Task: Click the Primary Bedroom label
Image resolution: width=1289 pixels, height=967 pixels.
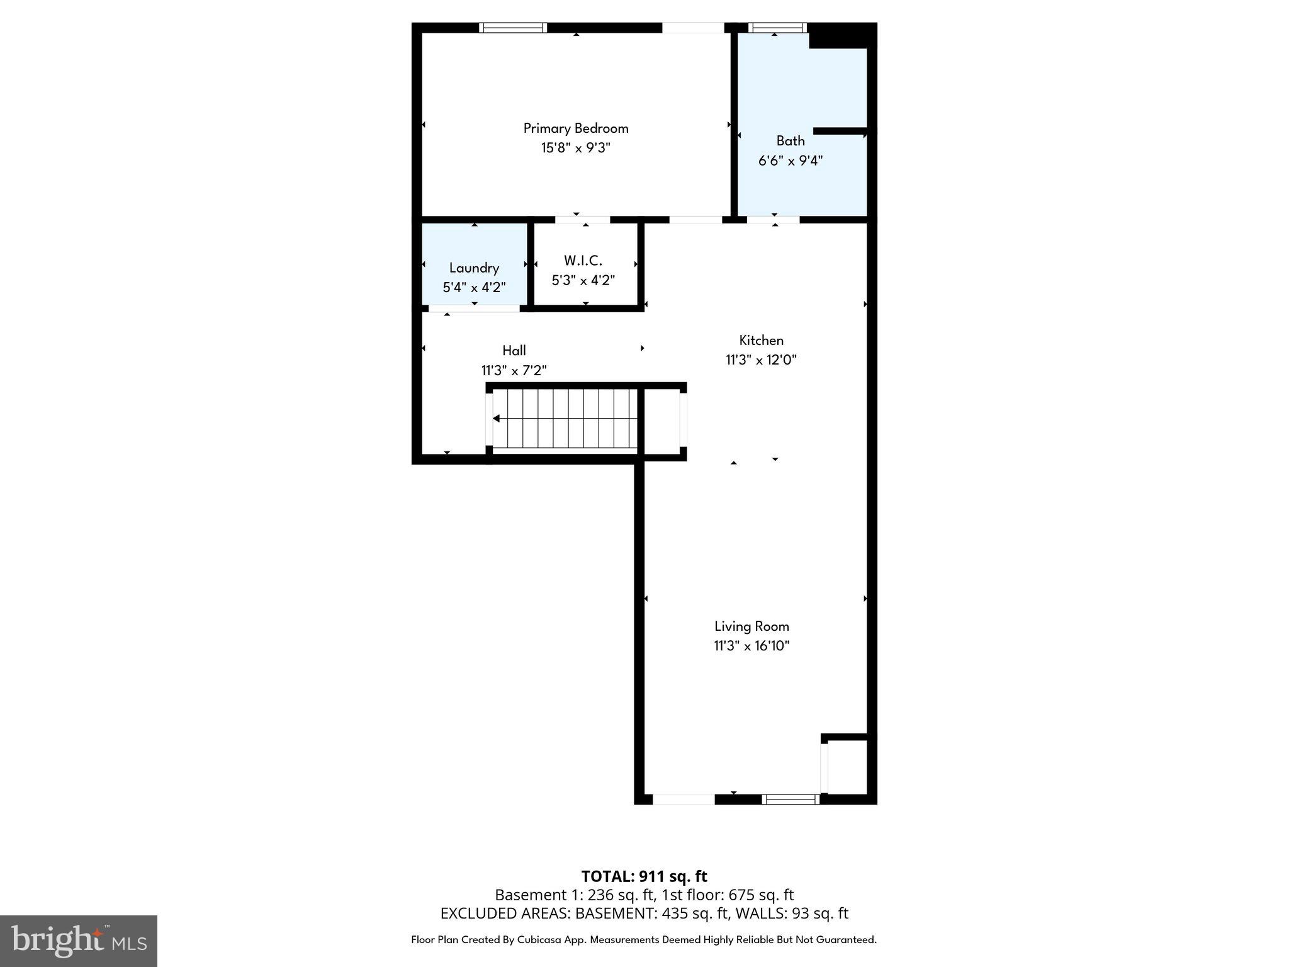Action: (x=575, y=128)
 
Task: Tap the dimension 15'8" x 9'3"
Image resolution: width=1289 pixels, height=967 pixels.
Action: (x=575, y=148)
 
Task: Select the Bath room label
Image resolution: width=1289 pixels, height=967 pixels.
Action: (x=790, y=141)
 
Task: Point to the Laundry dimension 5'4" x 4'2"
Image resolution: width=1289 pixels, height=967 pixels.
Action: (x=474, y=288)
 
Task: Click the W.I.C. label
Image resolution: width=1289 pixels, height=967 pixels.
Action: (x=583, y=261)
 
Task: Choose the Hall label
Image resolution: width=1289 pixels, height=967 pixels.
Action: (x=514, y=351)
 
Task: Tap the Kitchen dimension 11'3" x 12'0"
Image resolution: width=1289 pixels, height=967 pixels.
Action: (x=761, y=360)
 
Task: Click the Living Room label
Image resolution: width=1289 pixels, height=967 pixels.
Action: (x=751, y=626)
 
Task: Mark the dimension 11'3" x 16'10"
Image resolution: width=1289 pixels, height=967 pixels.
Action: (x=751, y=646)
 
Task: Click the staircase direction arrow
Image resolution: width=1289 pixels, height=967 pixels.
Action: (x=497, y=419)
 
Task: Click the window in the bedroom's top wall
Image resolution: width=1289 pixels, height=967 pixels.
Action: (x=512, y=28)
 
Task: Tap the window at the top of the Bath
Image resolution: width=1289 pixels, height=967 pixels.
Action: (x=777, y=28)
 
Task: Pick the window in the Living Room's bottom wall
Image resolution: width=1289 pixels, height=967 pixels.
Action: (x=791, y=800)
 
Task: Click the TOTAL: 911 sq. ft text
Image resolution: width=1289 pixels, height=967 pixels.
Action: (x=644, y=876)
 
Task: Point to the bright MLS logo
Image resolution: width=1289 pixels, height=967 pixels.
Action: (x=78, y=941)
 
